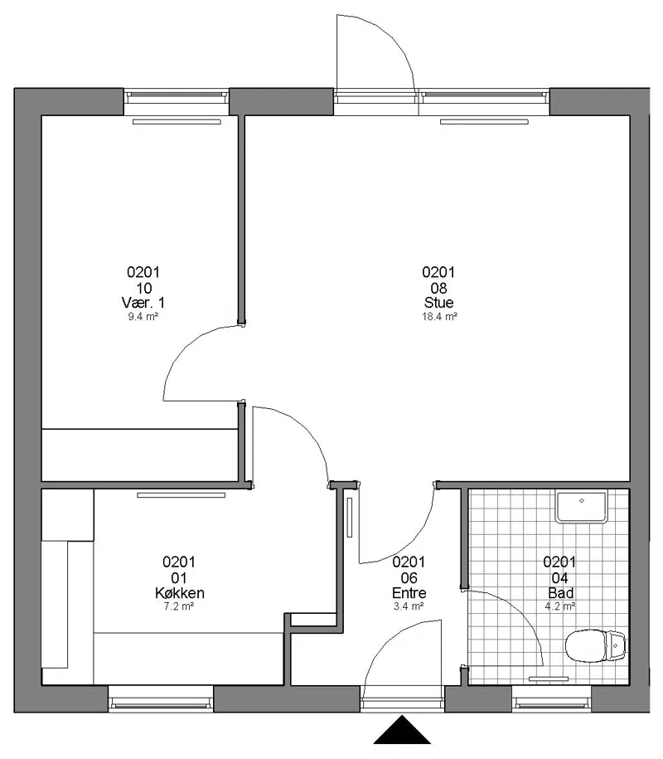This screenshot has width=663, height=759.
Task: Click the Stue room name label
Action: [438, 303]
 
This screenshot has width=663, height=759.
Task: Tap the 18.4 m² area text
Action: [439, 317]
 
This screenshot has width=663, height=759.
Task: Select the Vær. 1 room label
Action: [143, 303]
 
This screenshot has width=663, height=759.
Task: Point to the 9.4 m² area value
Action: [143, 317]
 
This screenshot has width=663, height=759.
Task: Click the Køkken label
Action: [179, 593]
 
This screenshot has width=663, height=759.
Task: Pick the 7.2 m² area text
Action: [179, 606]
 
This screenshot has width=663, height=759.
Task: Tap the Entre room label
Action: [409, 593]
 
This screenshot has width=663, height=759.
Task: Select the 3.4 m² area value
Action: [409, 606]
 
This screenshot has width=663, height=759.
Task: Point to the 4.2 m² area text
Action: [560, 606]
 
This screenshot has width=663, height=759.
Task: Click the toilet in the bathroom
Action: [595, 645]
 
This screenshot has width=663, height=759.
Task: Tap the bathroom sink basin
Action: [581, 508]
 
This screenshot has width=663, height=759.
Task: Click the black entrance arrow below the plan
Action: [402, 730]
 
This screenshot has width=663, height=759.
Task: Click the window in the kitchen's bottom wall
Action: [161, 698]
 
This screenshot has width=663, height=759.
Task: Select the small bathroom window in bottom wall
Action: [552, 698]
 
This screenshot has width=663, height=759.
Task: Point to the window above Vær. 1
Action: [177, 102]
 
